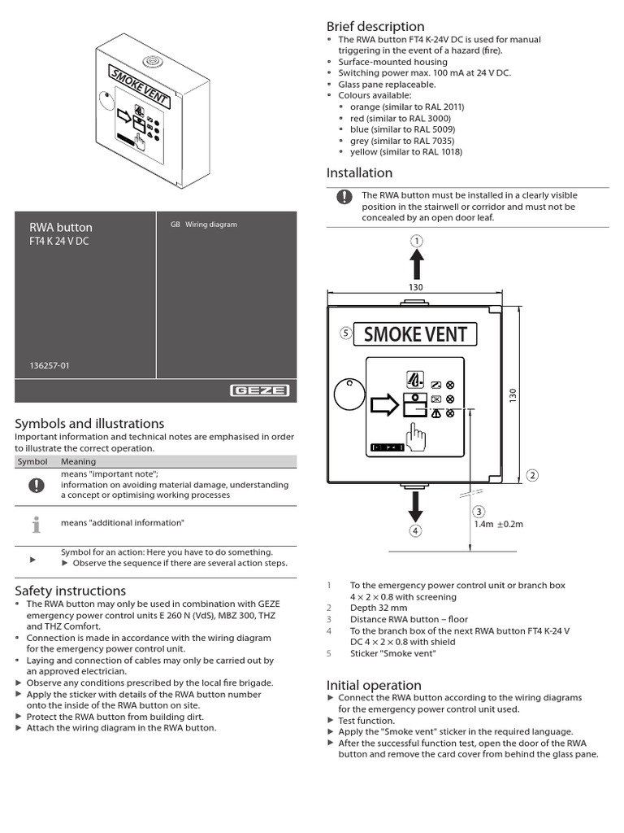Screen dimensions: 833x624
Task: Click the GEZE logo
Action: tap(260, 390)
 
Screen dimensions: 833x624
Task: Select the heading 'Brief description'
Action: tap(375, 27)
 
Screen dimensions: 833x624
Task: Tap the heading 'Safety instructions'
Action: tap(71, 591)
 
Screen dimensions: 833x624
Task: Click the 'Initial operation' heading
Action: tap(374, 685)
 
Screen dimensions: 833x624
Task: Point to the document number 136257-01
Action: tap(50, 366)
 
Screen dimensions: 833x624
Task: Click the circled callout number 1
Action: tap(416, 241)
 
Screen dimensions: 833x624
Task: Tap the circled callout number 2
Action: tap(532, 475)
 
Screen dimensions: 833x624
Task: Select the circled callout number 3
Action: tap(479, 511)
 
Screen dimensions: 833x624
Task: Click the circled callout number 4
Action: tap(416, 531)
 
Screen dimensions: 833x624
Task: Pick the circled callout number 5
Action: tap(345, 333)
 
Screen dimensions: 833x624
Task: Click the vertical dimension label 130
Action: tap(513, 396)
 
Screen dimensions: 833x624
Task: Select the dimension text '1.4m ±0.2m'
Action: tap(498, 524)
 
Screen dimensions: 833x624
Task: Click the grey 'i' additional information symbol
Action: tap(36, 525)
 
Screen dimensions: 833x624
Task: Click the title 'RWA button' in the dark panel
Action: tap(61, 227)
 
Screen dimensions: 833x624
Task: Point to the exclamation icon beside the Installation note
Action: tap(344, 197)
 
